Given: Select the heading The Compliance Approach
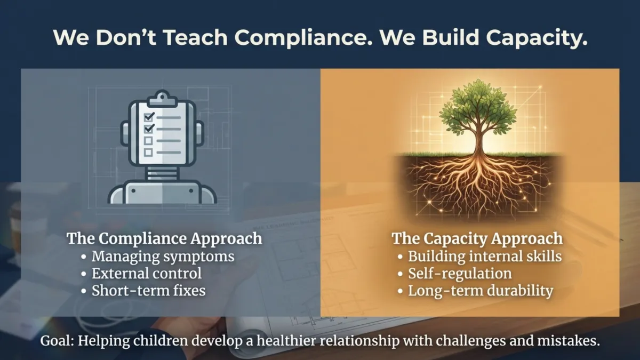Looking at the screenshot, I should (164, 238).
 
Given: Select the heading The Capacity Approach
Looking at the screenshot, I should (477, 238).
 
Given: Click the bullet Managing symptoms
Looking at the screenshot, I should (163, 256).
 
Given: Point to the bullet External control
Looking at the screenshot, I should (147, 274).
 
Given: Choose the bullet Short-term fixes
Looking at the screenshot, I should (149, 291).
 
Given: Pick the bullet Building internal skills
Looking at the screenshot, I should (484, 256).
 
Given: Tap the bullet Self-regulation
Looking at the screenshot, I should (460, 274).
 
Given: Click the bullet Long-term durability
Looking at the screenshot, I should (480, 291).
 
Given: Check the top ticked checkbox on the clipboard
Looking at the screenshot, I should (149, 116).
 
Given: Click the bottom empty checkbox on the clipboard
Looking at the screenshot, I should (149, 153).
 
